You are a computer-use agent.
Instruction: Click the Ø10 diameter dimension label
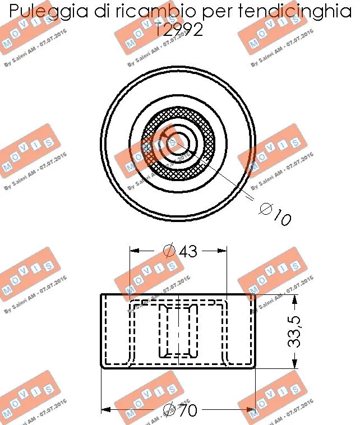(x=275, y=214)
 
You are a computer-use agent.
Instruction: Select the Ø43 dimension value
(x=179, y=251)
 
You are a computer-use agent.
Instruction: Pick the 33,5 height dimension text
(x=296, y=331)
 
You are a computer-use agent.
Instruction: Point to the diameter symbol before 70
(x=169, y=411)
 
